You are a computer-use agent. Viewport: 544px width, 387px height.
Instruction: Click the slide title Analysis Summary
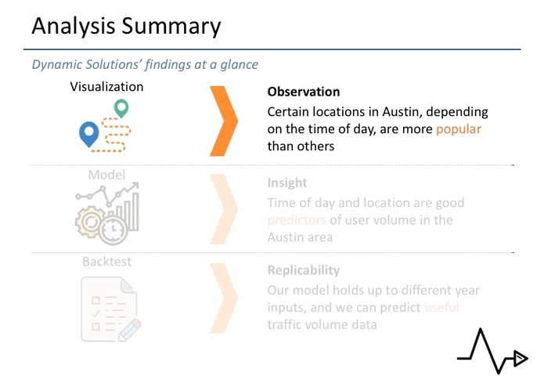126,26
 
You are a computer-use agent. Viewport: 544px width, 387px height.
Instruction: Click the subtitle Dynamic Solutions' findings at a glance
145,64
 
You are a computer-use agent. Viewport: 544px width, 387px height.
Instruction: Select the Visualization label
106,87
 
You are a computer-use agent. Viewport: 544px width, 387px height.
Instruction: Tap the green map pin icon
121,108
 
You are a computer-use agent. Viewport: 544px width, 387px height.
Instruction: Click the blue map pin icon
89,134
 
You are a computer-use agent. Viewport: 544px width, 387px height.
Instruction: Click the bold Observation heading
304,92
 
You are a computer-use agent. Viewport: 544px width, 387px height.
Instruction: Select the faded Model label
106,175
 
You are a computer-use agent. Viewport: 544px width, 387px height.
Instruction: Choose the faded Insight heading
286,183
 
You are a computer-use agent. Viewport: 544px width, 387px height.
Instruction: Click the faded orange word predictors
297,220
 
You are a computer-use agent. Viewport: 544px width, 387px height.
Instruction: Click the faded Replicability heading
304,270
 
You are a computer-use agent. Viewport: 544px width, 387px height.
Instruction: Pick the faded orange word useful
441,307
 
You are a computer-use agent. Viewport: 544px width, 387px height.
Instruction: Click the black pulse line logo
492,353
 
